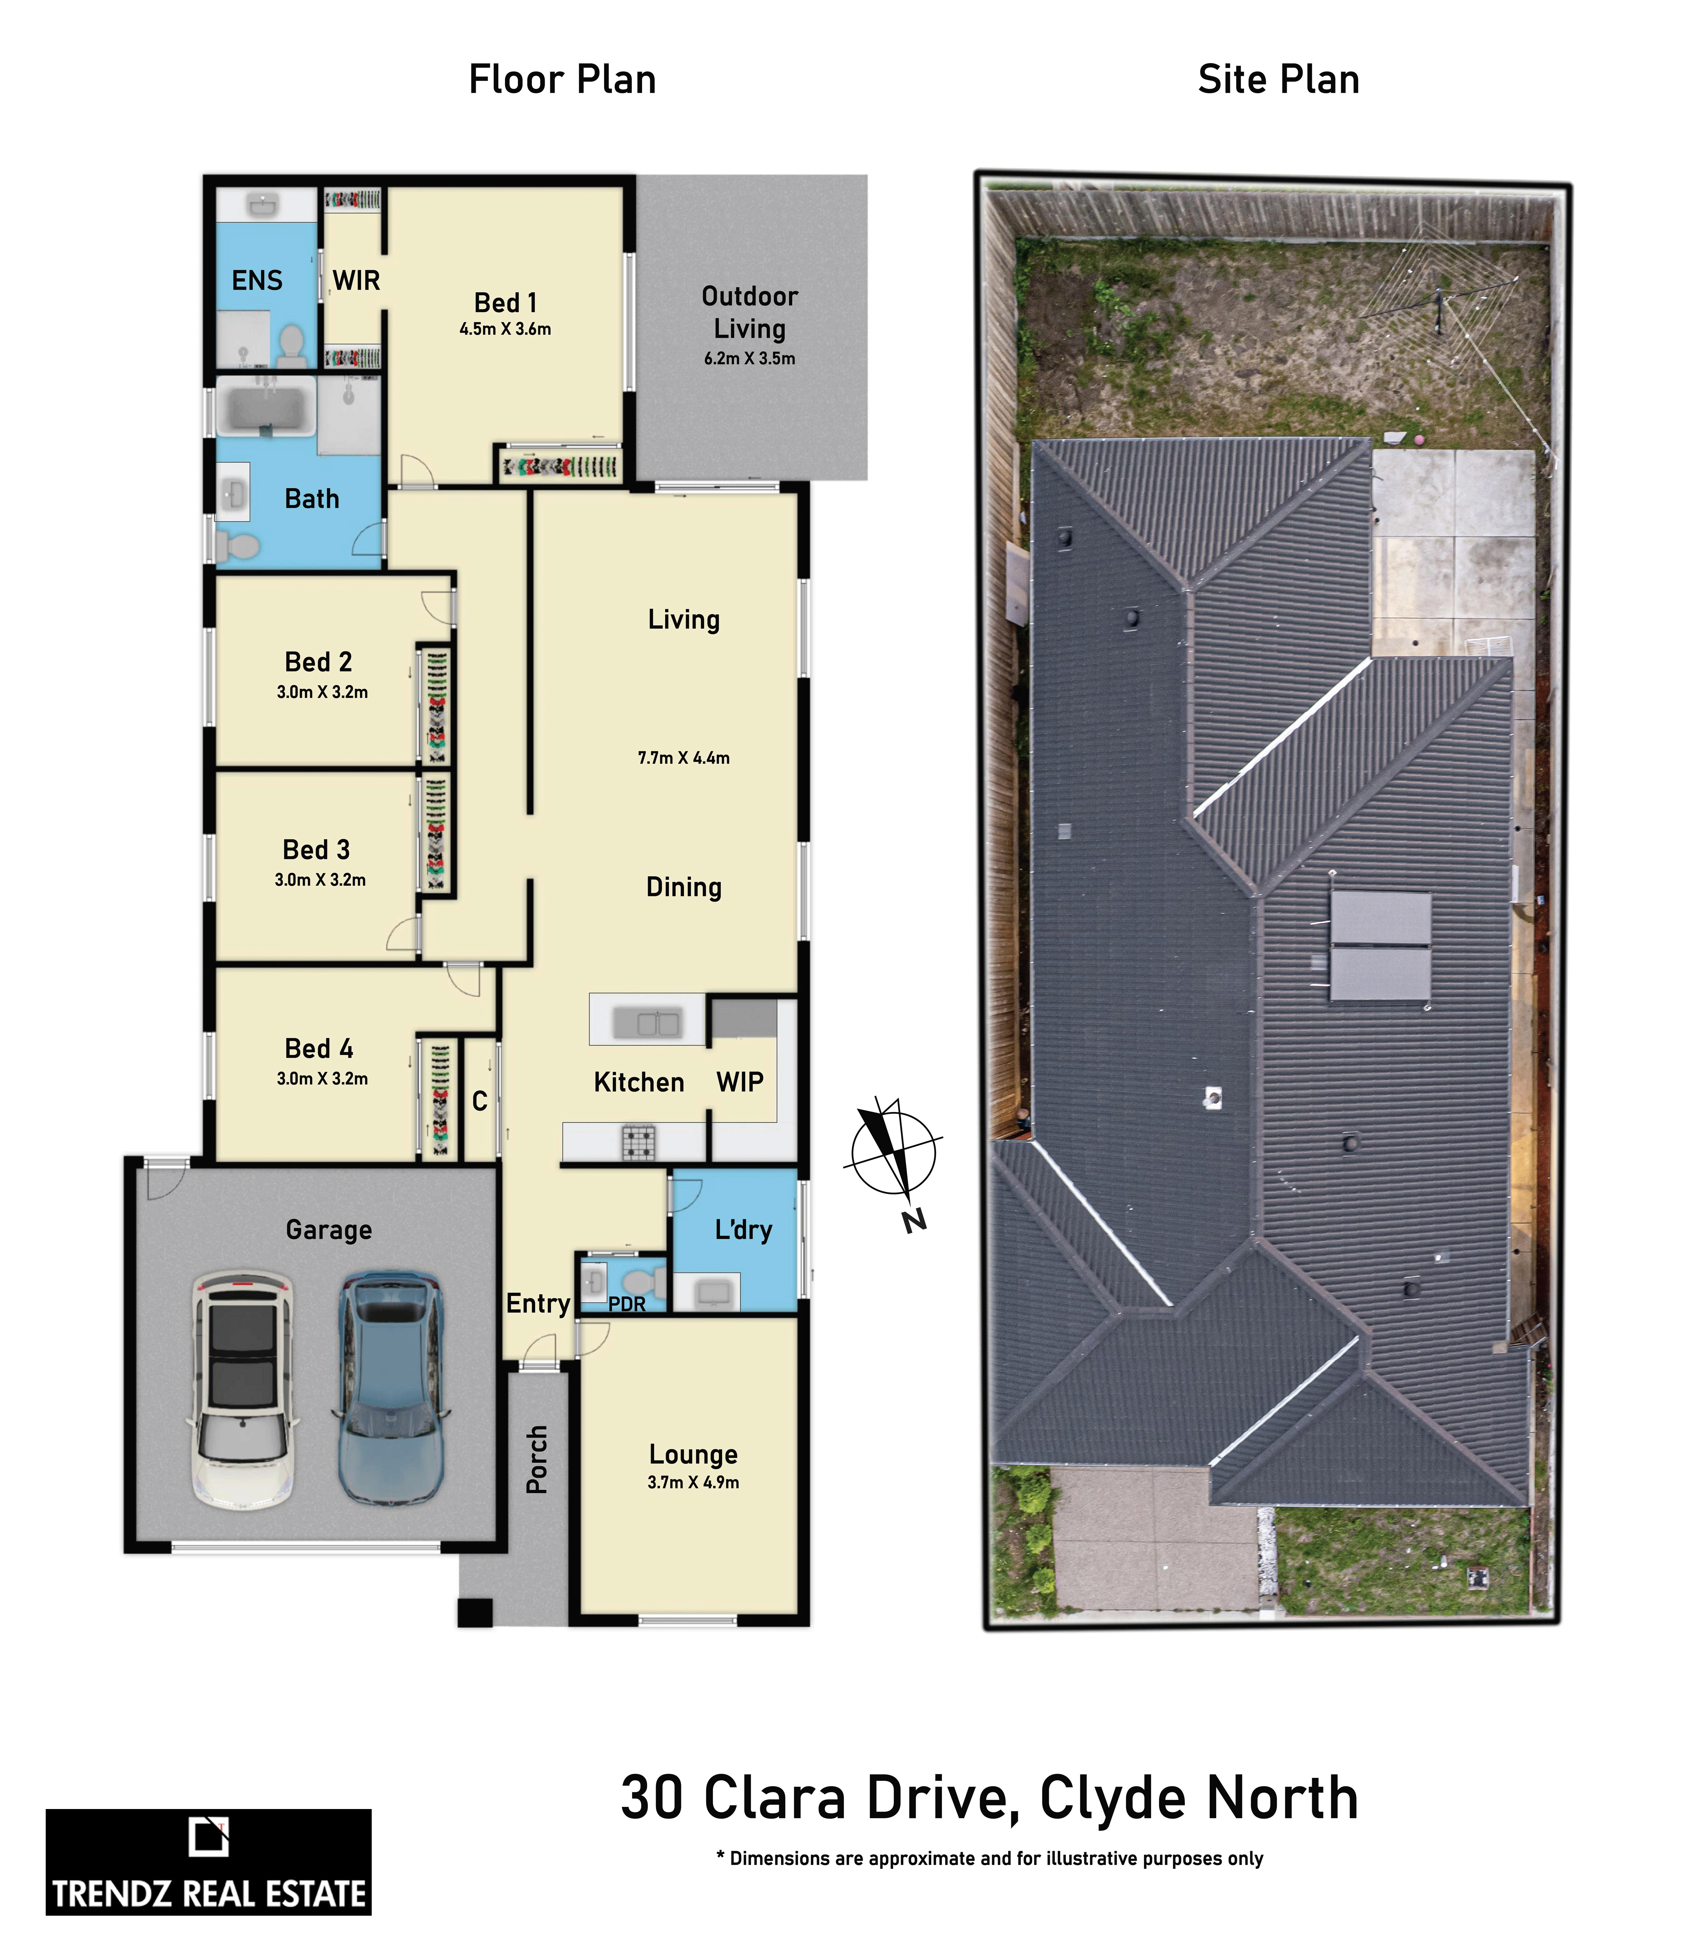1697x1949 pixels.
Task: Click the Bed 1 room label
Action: (x=506, y=303)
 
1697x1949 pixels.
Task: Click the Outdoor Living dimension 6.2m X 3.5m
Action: (x=750, y=358)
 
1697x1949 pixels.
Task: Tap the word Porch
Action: (x=537, y=1459)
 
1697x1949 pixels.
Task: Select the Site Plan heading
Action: (x=1279, y=79)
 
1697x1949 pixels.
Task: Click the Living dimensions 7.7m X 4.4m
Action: (x=684, y=758)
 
